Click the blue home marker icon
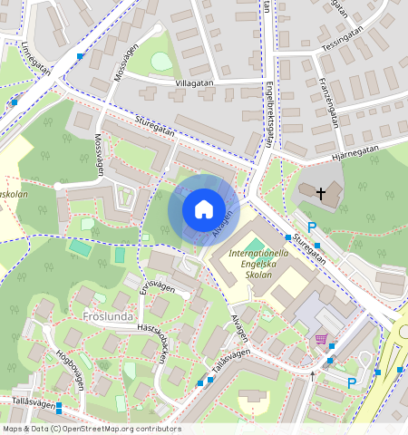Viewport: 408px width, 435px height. [x=204, y=210]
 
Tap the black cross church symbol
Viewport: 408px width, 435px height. [x=320, y=193]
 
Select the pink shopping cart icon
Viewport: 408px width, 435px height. [x=320, y=339]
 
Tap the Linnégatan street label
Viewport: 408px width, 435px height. [x=36, y=62]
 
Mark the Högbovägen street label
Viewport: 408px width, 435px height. [x=70, y=369]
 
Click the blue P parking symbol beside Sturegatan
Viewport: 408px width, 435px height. [x=313, y=227]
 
